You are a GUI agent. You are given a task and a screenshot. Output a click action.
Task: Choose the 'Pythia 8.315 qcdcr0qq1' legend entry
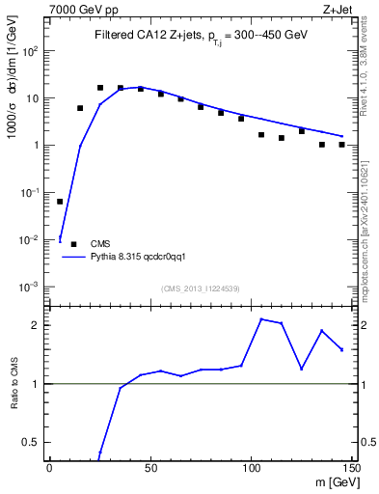(x=130, y=258)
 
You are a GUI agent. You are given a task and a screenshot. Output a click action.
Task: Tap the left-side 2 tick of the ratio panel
(x=39, y=325)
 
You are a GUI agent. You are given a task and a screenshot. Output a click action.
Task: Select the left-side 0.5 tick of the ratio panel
(x=35, y=442)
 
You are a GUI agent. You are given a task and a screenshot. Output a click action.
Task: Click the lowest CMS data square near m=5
(x=60, y=202)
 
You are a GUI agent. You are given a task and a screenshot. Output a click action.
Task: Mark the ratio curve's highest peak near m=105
(x=261, y=318)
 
